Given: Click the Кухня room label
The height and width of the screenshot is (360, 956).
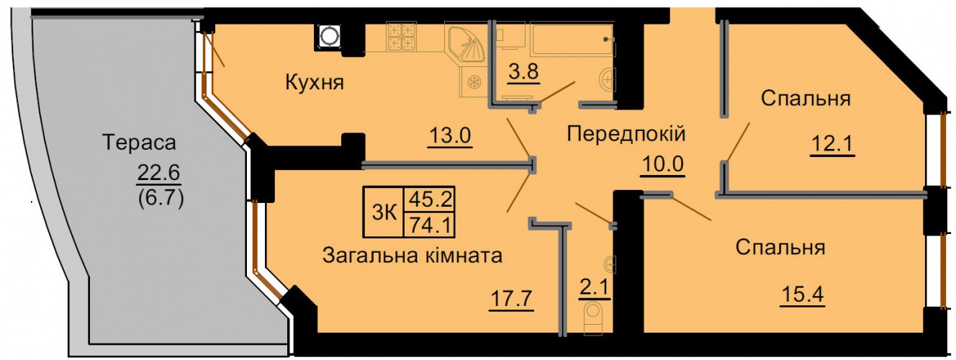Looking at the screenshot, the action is [315, 82].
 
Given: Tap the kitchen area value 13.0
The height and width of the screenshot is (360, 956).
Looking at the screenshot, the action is [450, 136].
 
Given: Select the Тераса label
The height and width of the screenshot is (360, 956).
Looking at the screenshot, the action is [139, 143].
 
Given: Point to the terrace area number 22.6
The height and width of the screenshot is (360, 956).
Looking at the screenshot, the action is [159, 173].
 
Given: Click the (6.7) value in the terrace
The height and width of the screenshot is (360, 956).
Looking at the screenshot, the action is [161, 198].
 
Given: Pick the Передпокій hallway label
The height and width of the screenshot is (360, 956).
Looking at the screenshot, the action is [626, 134].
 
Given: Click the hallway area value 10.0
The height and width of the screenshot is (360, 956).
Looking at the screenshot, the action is [662, 164].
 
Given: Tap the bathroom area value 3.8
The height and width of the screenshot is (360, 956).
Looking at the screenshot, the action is [523, 72].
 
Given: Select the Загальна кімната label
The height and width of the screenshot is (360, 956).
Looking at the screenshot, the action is [412, 256].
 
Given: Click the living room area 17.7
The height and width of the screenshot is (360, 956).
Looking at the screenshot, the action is [511, 298].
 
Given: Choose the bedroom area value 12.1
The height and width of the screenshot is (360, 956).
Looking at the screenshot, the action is [832, 144].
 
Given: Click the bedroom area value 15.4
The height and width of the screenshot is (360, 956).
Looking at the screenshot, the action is [802, 294].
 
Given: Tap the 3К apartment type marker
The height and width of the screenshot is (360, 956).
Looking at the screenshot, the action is [384, 212].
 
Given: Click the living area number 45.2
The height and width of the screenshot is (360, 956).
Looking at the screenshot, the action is [430, 199].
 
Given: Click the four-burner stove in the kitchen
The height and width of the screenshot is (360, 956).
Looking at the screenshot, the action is [401, 37].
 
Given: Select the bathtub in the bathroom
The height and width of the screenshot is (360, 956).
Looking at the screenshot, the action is [572, 40].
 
